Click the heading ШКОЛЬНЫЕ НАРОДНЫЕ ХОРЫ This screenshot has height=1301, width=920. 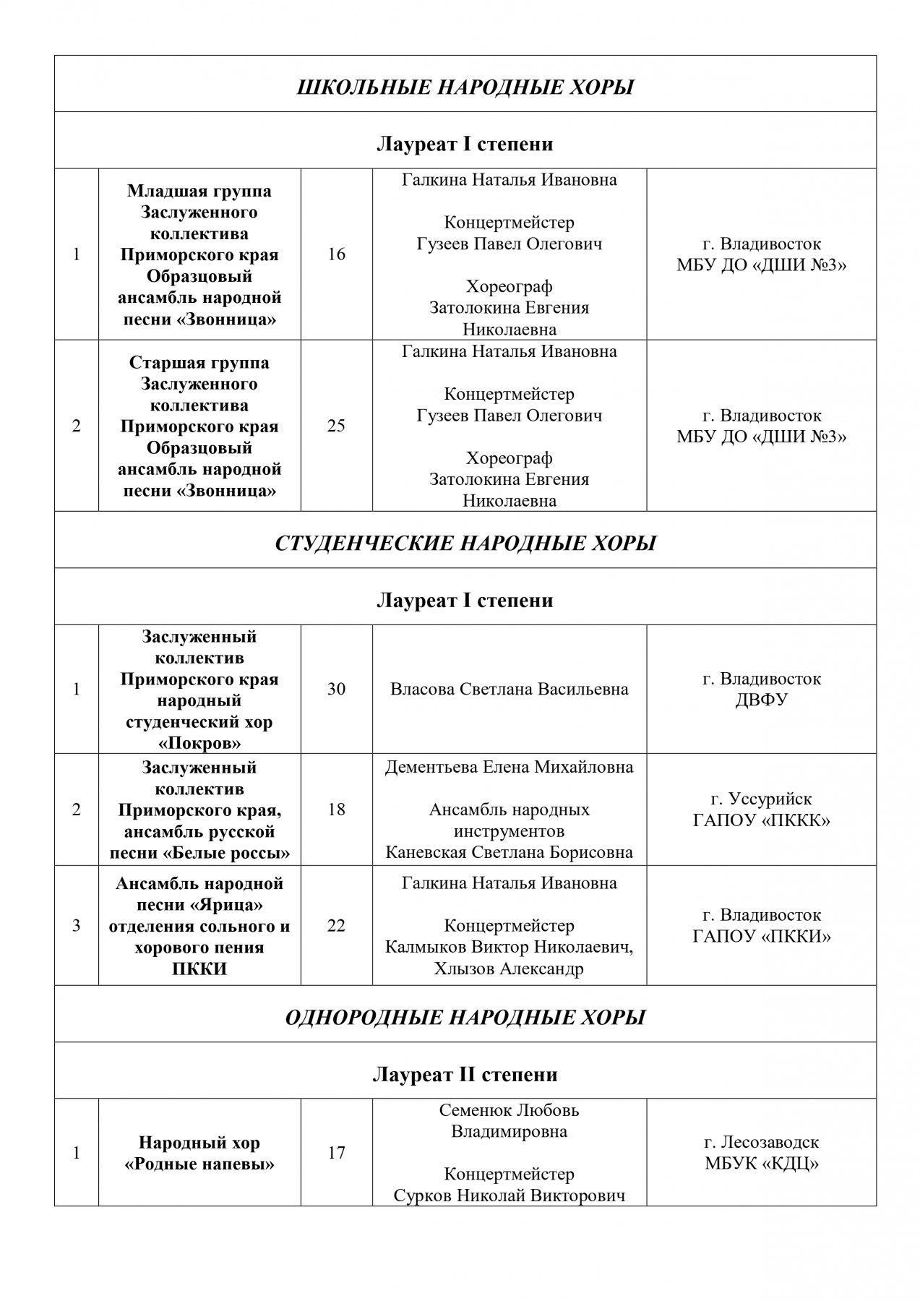[x=465, y=88]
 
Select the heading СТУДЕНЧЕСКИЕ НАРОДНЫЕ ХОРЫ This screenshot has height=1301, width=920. [x=465, y=544]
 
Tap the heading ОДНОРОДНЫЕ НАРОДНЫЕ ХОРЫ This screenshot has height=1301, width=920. [x=465, y=1018]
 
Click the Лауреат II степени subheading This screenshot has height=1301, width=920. [x=465, y=1075]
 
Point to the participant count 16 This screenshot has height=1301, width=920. [x=336, y=254]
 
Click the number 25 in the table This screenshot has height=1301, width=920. [x=336, y=426]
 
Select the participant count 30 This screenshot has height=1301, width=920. [x=336, y=689]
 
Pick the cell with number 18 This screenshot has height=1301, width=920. [x=336, y=810]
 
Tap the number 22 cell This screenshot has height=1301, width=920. [x=336, y=925]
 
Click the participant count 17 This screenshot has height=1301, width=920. [x=336, y=1153]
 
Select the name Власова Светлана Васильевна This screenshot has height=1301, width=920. [x=509, y=689]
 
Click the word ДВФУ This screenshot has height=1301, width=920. [x=761, y=700]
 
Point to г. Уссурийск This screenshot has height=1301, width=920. [x=761, y=799]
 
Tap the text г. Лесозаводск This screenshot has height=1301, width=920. [x=761, y=1143]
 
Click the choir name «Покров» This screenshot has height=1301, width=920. [x=199, y=743]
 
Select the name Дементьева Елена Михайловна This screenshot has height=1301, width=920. [x=509, y=767]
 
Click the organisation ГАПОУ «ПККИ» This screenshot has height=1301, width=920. [x=761, y=937]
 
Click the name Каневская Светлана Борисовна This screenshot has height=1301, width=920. [x=509, y=852]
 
